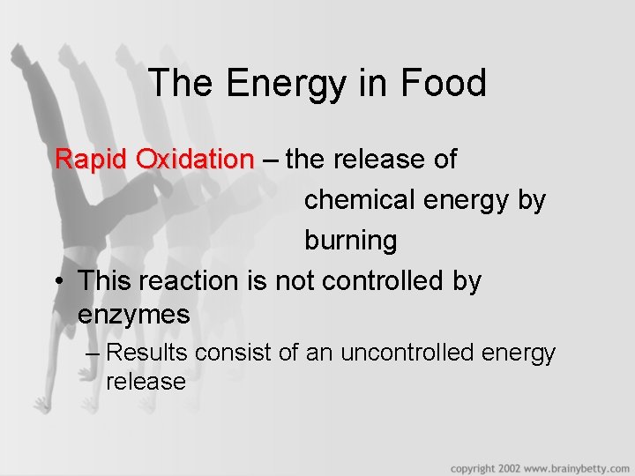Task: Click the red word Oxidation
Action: coord(195,160)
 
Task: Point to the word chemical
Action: coord(362,200)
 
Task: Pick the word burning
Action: coord(350,241)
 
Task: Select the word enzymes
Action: coord(133,315)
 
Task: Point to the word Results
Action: coord(146,353)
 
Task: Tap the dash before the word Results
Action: coord(94,353)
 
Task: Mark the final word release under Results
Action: coord(146,382)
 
